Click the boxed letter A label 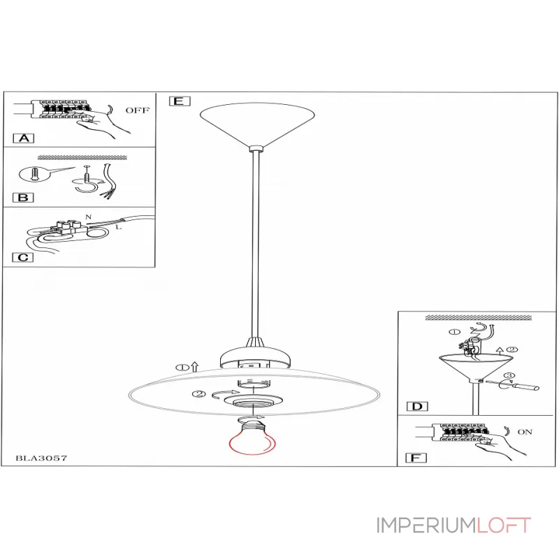pyautogui.click(x=24, y=138)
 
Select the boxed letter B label pyautogui.click(x=23, y=198)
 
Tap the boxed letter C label pyautogui.click(x=23, y=257)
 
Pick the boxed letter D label pyautogui.click(x=417, y=407)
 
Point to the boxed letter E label pyautogui.click(x=180, y=101)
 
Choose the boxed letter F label pyautogui.click(x=416, y=458)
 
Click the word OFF pyautogui.click(x=137, y=110)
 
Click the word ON pyautogui.click(x=525, y=432)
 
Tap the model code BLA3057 pyautogui.click(x=41, y=458)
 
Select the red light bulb pyautogui.click(x=252, y=437)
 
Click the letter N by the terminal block pyautogui.click(x=89, y=217)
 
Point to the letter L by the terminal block pyautogui.click(x=119, y=226)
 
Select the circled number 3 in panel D pyautogui.click(x=509, y=375)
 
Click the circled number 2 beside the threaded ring pyautogui.click(x=199, y=394)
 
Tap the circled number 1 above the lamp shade pyautogui.click(x=182, y=368)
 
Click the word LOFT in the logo pyautogui.click(x=504, y=525)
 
